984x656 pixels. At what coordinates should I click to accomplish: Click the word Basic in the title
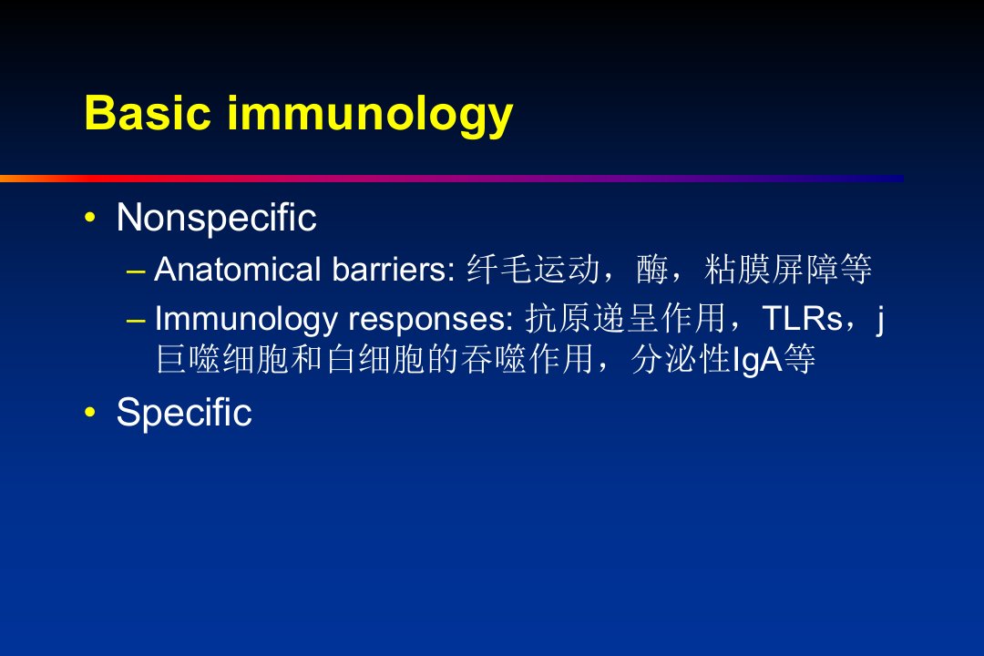pos(148,113)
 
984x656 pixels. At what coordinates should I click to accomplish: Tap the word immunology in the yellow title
pos(370,117)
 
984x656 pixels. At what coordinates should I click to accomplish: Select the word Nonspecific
pos(217,219)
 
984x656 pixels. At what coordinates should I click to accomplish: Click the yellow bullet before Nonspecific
pos(90,217)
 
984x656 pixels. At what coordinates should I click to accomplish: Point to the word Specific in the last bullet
pos(184,413)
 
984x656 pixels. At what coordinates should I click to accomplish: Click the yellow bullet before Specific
pos(90,412)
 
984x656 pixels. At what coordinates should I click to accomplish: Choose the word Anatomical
pos(238,270)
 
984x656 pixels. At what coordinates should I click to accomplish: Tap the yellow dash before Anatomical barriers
pos(136,272)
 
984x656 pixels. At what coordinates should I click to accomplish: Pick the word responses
pos(431,321)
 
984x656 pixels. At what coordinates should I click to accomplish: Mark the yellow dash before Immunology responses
pos(136,320)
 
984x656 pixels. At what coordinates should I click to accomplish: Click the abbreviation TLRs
pos(803,318)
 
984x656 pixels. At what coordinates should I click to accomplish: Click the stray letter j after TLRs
pos(880,320)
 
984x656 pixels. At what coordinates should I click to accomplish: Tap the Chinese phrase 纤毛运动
pos(533,270)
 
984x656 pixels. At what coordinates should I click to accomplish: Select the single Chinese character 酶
pos(651,270)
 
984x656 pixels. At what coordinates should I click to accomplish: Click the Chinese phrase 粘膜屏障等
pos(787,270)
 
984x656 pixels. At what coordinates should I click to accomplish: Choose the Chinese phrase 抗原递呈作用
pos(626,318)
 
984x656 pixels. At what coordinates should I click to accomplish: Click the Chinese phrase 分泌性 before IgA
pos(681,360)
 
